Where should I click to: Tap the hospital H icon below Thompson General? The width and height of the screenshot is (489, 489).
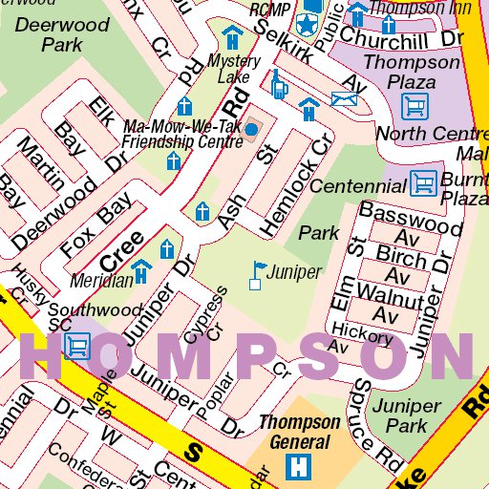click(300, 469)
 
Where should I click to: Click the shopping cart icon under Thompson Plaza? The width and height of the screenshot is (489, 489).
click(415, 103)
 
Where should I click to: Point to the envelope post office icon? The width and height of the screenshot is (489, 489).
click(344, 98)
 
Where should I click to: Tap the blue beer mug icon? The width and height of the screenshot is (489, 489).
click(278, 85)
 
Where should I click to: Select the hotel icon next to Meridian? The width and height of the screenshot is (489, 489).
click(141, 271)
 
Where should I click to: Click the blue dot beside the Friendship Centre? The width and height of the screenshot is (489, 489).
click(250, 128)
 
